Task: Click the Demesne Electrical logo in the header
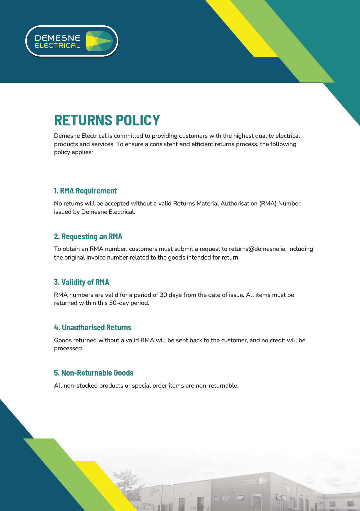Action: click(72, 41)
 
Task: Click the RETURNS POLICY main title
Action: click(107, 120)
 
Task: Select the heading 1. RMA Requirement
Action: click(85, 191)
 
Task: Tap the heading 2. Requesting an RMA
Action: click(88, 236)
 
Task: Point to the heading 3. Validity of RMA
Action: click(82, 282)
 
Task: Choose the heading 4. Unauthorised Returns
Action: click(93, 328)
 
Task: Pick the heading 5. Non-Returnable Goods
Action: click(94, 373)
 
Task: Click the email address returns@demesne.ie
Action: click(257, 249)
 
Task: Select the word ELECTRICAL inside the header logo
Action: click(57, 46)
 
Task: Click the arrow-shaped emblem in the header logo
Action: click(99, 41)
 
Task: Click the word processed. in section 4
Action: click(69, 348)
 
